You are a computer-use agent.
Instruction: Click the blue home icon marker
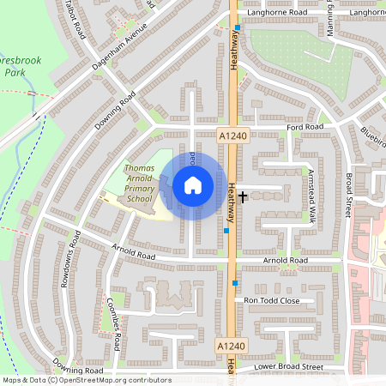tap(192, 184)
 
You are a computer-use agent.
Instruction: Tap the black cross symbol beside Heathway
tap(243, 196)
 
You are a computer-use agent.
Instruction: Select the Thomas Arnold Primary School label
tap(138, 184)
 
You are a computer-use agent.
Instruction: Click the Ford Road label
tap(305, 127)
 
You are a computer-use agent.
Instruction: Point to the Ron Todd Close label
tap(272, 300)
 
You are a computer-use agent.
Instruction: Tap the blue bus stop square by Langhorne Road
tap(238, 27)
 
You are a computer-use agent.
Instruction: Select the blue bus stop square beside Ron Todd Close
tap(235, 282)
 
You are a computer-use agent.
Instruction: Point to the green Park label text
tap(14, 73)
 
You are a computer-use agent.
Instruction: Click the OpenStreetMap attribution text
tap(86, 380)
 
